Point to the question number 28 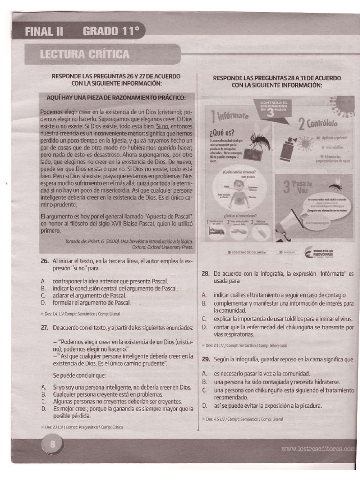click(205, 273)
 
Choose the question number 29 click(205, 359)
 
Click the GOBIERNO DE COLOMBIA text click(247, 252)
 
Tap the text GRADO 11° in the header click(111, 32)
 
